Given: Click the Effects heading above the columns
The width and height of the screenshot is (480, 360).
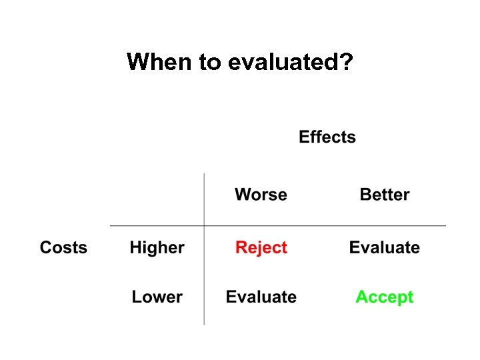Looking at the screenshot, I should (x=327, y=137).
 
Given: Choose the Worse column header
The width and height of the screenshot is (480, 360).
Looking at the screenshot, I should (x=261, y=195).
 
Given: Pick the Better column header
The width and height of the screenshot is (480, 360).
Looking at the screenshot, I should (x=385, y=195).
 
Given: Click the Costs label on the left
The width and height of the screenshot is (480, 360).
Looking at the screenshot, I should (x=63, y=247).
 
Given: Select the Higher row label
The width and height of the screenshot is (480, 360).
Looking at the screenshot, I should (x=157, y=248).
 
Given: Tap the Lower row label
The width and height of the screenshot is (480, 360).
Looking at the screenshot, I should (x=157, y=297).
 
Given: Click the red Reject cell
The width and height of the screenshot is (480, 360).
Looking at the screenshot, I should (x=261, y=248).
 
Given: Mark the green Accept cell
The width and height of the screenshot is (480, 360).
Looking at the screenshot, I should (x=385, y=297).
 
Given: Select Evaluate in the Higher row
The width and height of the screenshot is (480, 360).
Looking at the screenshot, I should (x=385, y=248).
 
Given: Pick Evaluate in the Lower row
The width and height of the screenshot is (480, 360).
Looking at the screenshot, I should (x=261, y=297).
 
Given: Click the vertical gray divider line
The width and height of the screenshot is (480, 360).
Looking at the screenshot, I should (x=204, y=280).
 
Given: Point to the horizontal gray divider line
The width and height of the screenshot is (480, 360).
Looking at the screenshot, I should (x=320, y=226).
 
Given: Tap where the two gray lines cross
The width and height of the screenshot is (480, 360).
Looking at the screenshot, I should (x=204, y=226).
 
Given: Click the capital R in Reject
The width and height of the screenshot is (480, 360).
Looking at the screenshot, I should (x=241, y=248).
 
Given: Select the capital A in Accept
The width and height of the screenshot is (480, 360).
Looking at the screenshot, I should (x=362, y=297).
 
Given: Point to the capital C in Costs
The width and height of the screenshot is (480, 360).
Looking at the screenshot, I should (x=45, y=247).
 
